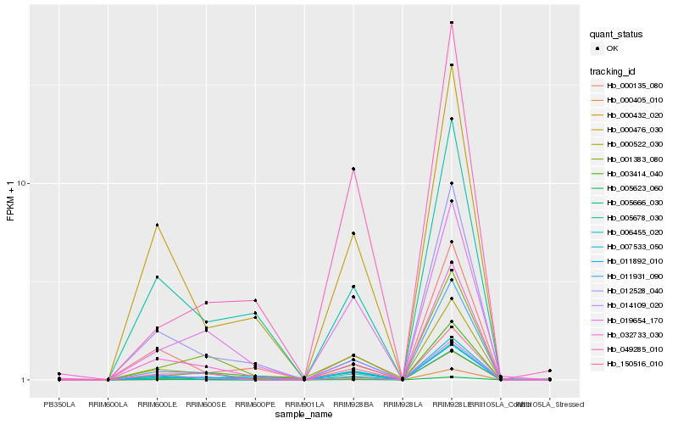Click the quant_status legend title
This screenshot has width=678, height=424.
click(616, 34)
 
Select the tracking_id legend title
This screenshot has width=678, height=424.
click(614, 70)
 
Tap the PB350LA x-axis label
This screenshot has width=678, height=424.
click(59, 404)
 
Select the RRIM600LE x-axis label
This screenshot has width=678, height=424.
click(157, 404)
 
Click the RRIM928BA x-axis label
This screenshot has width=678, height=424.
click(353, 404)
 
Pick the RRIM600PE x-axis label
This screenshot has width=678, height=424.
click(255, 404)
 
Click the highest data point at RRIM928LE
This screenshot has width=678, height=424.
click(452, 23)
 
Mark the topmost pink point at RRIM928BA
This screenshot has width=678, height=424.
click(353, 169)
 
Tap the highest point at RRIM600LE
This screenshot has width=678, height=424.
click(158, 225)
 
